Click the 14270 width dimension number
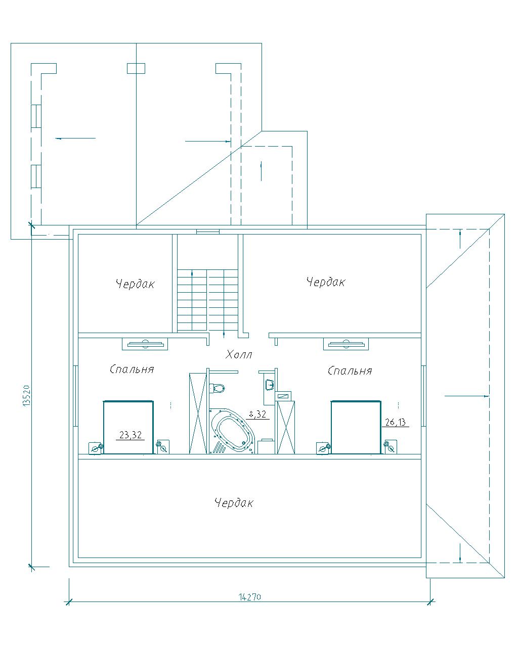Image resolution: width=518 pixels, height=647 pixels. [249, 596]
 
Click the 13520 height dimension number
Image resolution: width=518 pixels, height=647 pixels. [27, 396]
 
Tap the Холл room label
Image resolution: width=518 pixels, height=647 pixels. [239, 354]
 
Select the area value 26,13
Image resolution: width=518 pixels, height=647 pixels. [395, 422]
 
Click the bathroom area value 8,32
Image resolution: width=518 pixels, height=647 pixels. [257, 414]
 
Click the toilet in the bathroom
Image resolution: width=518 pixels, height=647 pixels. [217, 388]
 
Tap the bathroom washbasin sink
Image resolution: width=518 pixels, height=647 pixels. [270, 384]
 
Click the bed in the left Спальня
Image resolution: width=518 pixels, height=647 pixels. [128, 427]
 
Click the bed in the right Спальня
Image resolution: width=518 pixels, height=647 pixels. [356, 427]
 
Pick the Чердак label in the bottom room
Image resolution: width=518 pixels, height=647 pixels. [234, 502]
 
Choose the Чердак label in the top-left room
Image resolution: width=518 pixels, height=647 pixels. [135, 284]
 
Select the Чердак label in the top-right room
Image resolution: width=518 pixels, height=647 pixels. [326, 282]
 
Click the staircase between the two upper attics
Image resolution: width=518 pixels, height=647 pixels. [208, 300]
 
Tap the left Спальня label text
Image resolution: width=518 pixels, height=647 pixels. [132, 369]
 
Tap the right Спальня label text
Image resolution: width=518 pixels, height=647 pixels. [350, 371]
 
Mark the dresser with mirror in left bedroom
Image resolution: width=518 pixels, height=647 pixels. [145, 344]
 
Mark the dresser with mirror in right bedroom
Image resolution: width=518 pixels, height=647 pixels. [346, 344]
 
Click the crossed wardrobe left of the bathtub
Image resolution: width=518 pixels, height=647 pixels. [198, 413]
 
